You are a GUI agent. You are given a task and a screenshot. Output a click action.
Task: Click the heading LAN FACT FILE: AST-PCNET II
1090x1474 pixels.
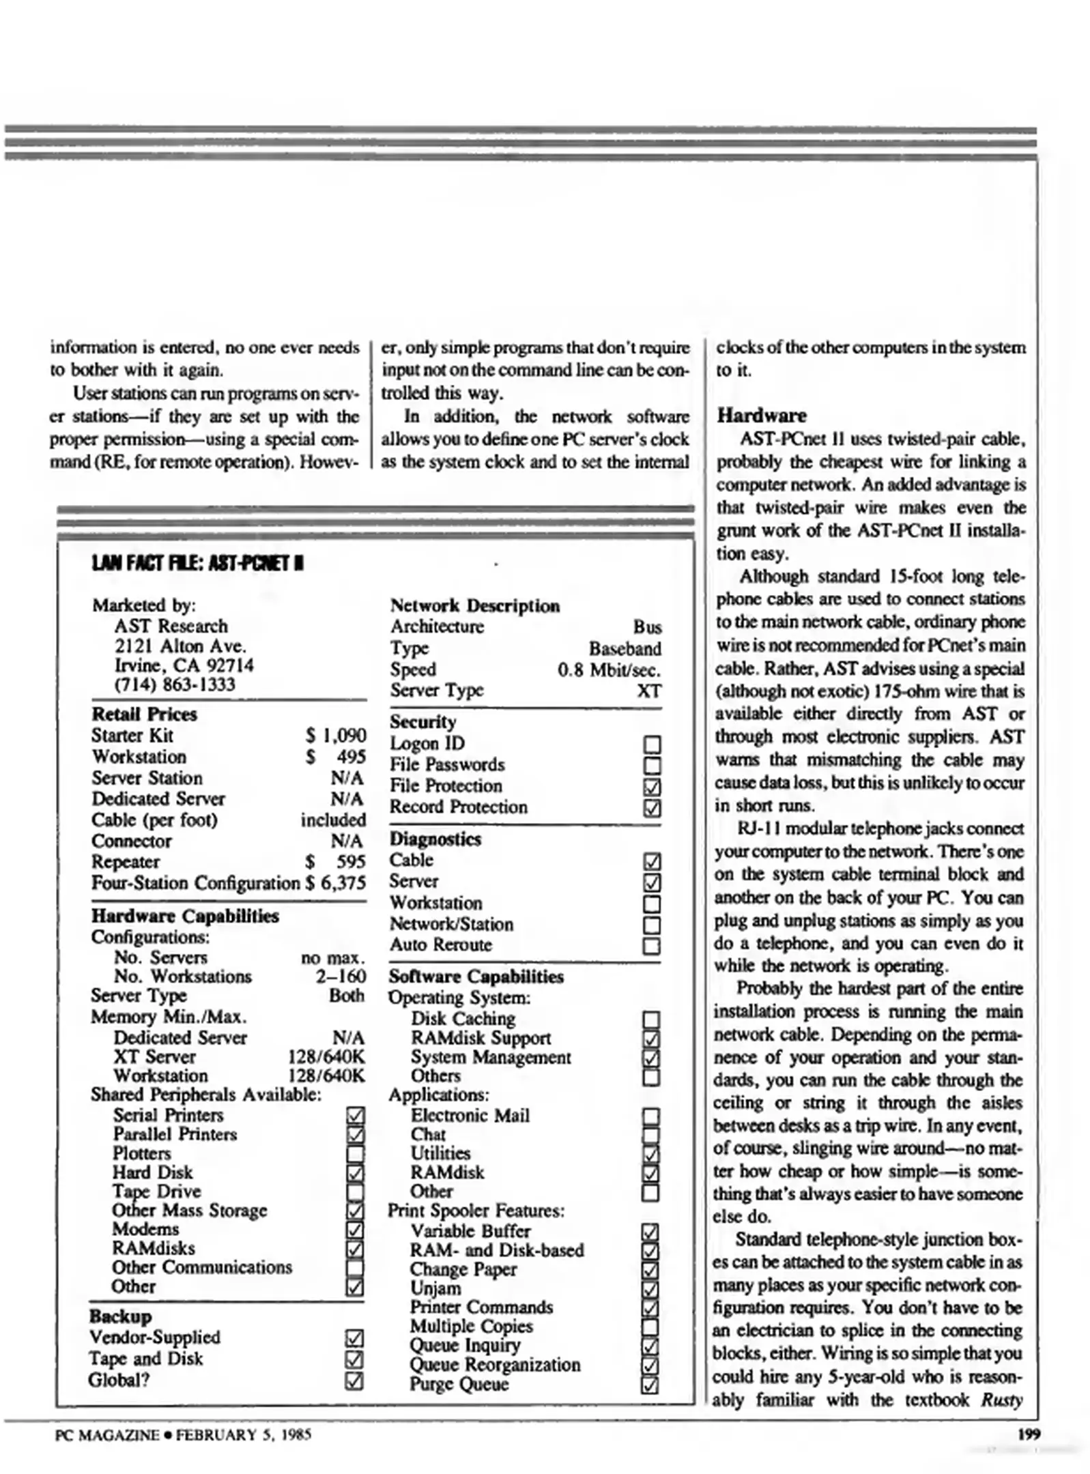(x=197, y=564)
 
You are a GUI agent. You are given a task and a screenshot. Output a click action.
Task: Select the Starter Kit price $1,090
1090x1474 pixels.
(x=335, y=735)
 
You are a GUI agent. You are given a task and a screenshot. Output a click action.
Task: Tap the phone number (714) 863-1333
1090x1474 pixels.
(x=174, y=684)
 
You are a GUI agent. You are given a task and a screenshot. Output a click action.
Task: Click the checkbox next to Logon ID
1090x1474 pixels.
(x=652, y=744)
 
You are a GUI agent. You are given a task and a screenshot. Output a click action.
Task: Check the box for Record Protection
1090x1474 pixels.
(x=652, y=808)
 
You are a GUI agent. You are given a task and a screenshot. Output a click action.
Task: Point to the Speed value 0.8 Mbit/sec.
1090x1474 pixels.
(x=609, y=669)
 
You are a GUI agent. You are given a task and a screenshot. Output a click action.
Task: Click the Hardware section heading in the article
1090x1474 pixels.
(x=761, y=416)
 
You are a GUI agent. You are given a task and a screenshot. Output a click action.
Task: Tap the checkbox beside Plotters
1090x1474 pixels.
(x=355, y=1154)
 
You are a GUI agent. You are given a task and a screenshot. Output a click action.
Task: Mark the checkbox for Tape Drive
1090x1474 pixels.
(x=355, y=1192)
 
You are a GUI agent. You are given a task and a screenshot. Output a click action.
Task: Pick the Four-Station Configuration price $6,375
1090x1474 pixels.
(x=335, y=883)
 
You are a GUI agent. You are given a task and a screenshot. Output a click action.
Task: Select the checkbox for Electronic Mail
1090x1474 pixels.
(x=651, y=1116)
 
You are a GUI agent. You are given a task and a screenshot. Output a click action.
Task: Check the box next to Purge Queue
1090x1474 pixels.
(x=650, y=1385)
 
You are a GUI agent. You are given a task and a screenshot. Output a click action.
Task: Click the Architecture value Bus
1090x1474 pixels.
(x=647, y=626)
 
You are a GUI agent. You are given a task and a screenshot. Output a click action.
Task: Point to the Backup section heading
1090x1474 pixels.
(x=120, y=1316)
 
